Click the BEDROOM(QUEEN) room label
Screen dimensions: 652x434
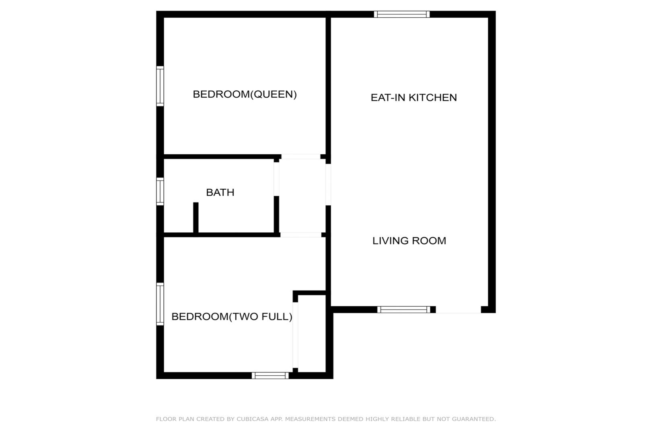245,94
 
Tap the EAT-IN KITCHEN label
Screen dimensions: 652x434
413,97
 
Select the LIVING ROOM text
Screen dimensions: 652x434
409,241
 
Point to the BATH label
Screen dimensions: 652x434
220,192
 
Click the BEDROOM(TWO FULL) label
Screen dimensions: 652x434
232,317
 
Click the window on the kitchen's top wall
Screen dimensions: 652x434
402,14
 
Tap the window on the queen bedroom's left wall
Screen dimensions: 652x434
160,86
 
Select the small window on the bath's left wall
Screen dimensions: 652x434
160,191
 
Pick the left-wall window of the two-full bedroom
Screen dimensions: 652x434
160,304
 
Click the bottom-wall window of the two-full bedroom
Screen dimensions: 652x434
270,376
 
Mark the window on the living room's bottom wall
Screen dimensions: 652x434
404,309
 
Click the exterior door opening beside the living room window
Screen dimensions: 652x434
459,309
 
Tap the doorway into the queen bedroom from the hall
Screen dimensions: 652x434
301,156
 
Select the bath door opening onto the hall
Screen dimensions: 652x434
276,179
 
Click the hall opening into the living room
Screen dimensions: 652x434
328,185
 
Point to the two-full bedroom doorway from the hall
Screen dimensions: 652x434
301,235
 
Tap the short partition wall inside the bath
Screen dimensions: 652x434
196,217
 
